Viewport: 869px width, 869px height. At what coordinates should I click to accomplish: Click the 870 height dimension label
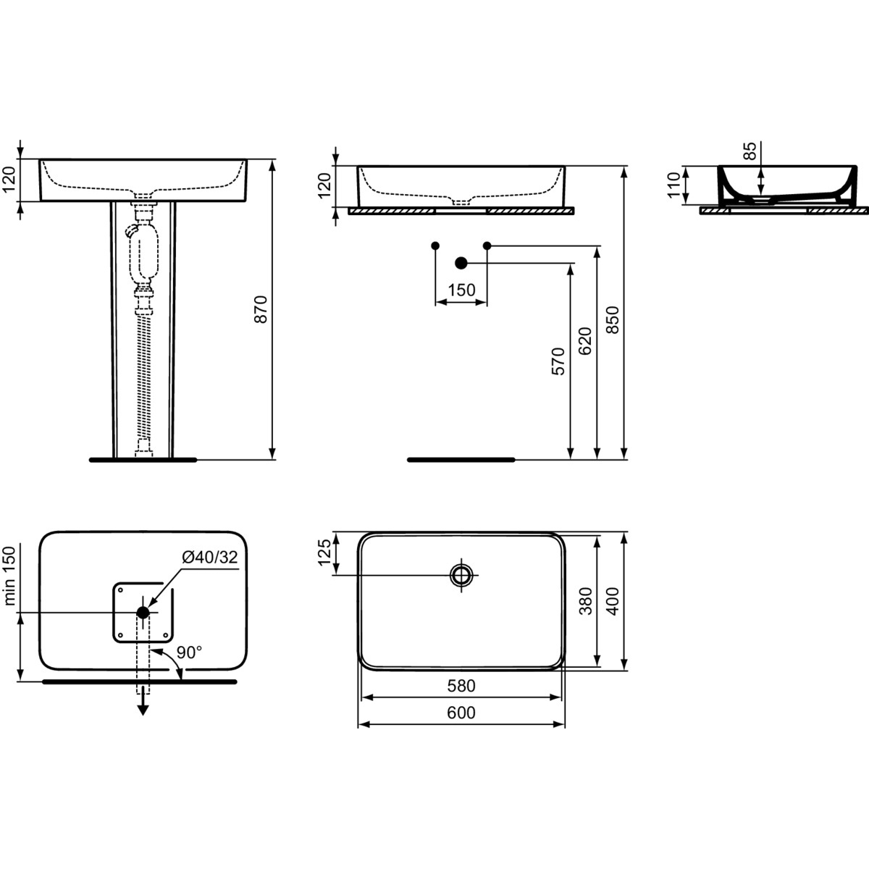(261, 309)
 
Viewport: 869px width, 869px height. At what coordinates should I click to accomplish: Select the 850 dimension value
(613, 320)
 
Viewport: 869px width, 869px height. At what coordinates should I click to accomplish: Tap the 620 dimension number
(585, 341)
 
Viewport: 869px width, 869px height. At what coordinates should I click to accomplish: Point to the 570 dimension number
(558, 361)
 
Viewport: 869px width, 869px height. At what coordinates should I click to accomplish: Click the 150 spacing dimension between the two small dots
(462, 290)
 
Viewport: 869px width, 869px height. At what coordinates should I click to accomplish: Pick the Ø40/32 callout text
(210, 558)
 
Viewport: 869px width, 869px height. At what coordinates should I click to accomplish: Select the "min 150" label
(9, 576)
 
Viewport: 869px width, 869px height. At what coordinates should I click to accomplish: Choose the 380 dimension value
(585, 600)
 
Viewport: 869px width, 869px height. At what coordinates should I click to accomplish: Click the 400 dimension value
(613, 600)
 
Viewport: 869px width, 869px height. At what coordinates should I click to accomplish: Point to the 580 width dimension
(461, 686)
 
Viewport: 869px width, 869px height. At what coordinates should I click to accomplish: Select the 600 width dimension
(461, 713)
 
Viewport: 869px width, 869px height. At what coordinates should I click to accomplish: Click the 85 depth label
(749, 151)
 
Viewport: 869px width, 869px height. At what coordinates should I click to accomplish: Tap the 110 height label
(673, 185)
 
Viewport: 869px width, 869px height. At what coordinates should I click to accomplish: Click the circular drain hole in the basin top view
(461, 575)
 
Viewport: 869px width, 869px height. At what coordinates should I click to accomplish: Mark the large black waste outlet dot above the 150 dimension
(461, 263)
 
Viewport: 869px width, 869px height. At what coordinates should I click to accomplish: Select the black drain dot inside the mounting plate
(143, 613)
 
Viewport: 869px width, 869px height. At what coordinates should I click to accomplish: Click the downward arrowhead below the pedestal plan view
(143, 710)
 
